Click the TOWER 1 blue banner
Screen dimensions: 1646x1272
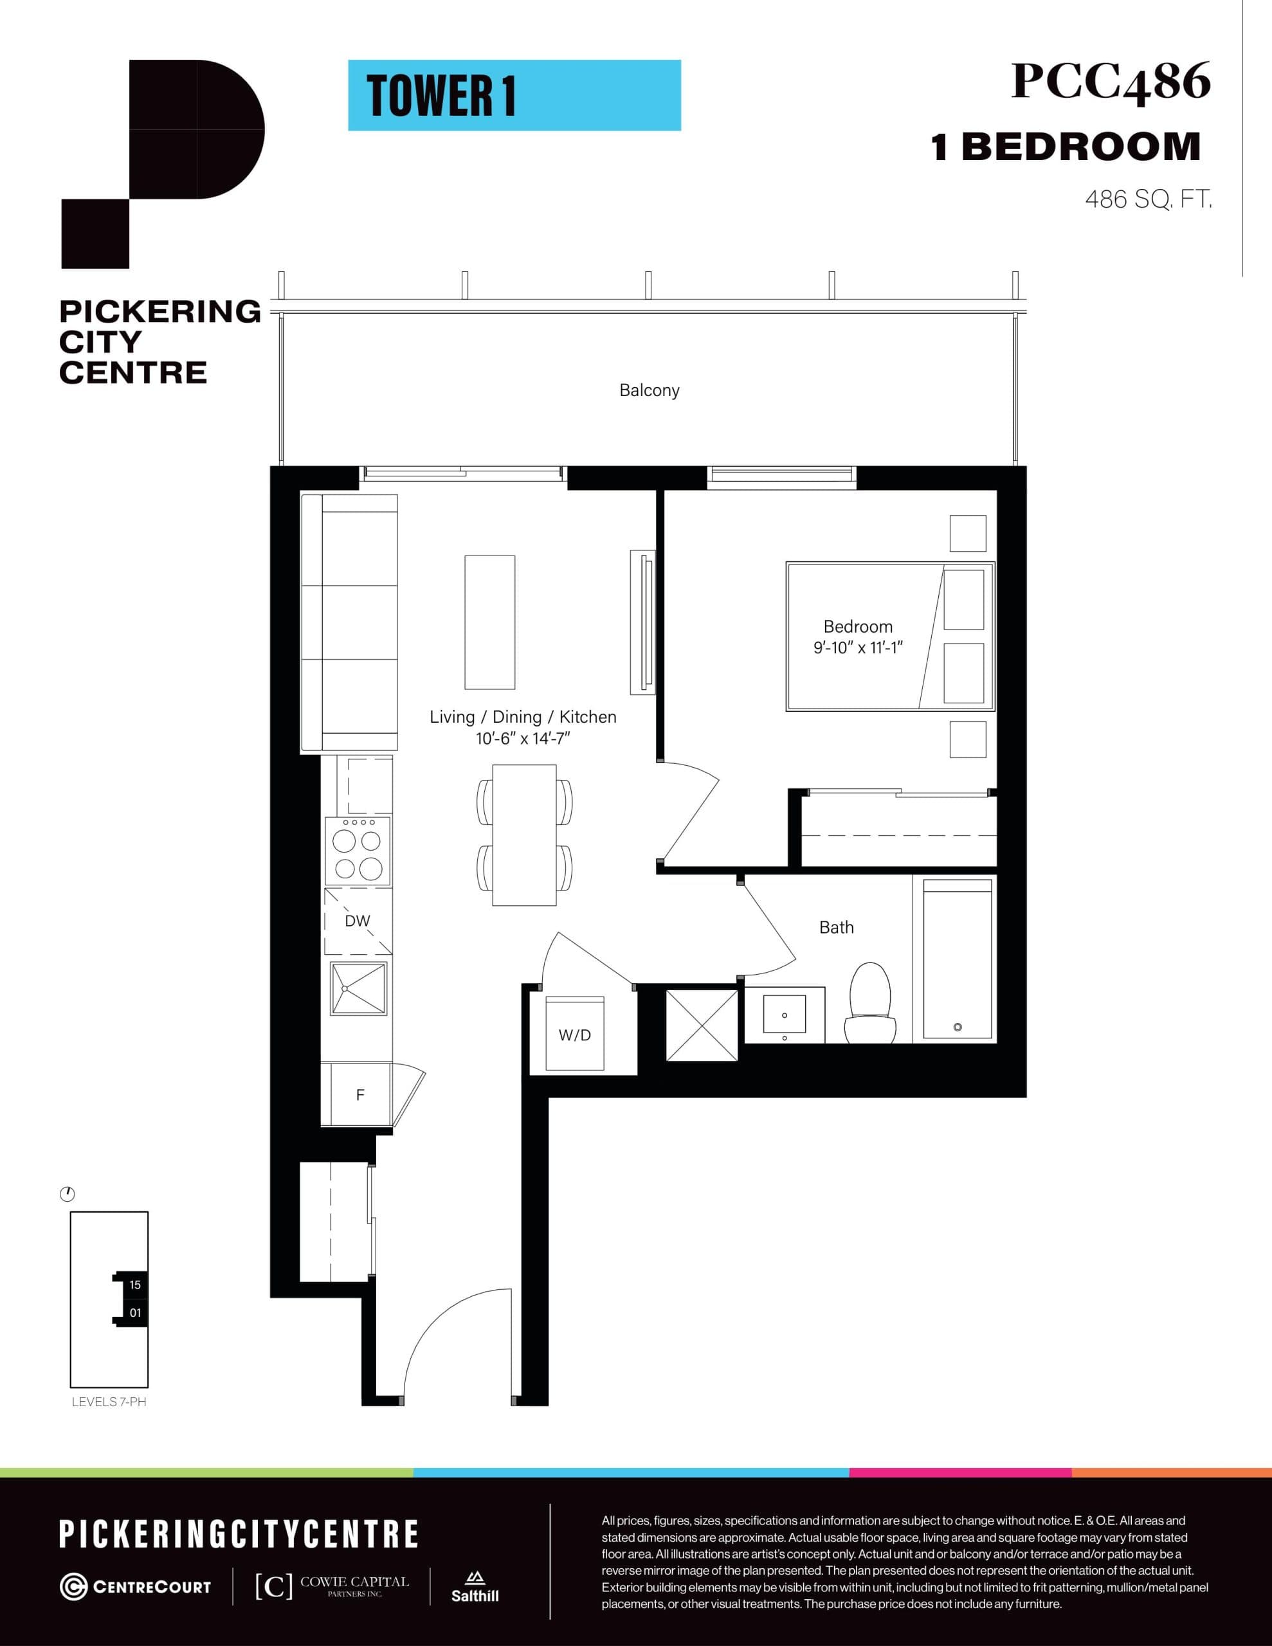click(x=514, y=96)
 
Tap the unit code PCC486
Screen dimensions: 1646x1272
click(x=1110, y=82)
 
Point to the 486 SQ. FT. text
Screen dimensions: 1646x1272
click(x=1148, y=200)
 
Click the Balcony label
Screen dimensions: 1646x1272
click(x=650, y=390)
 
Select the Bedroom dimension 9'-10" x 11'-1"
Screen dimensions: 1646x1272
click(x=858, y=647)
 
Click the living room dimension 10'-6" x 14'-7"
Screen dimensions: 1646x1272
click(x=523, y=739)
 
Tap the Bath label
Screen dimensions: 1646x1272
click(x=836, y=928)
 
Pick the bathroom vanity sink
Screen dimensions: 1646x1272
click(x=784, y=1015)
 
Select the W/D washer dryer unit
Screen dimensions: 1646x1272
click(x=574, y=1034)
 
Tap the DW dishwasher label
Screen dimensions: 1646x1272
click(x=358, y=921)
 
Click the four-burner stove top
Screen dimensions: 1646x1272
click(x=358, y=852)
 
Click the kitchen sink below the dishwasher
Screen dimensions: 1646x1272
click(x=358, y=988)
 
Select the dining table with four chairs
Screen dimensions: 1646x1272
click(x=524, y=835)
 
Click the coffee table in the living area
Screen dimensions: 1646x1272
click(x=489, y=622)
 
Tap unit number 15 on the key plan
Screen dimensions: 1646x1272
click(x=135, y=1285)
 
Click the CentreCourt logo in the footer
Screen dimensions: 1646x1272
click(x=136, y=1586)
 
